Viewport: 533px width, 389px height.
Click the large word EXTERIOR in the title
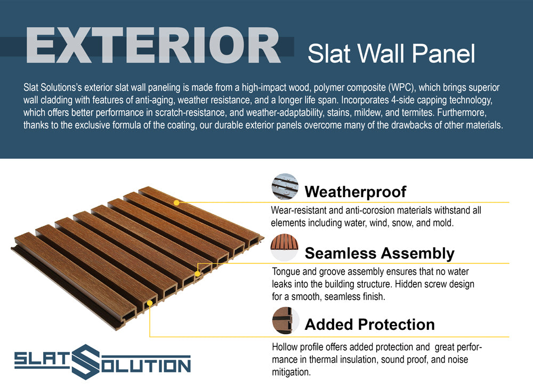[x=154, y=45]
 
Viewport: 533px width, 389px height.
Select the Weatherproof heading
[x=355, y=192]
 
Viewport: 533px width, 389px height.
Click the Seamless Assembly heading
[x=379, y=254]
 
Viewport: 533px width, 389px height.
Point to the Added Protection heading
[x=369, y=325]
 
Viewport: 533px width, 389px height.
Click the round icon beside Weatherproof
[x=285, y=187]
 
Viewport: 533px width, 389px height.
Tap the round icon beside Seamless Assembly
[x=285, y=247]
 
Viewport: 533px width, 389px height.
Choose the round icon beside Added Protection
[x=286, y=321]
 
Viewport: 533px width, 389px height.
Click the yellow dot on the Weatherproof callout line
[x=176, y=202]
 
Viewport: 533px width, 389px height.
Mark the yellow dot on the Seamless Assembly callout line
[x=197, y=274]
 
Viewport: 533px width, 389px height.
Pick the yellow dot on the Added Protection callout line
[x=150, y=303]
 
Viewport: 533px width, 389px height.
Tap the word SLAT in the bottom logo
[x=42, y=360]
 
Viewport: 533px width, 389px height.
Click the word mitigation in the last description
[x=292, y=372]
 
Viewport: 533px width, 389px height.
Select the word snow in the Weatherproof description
[x=402, y=223]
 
